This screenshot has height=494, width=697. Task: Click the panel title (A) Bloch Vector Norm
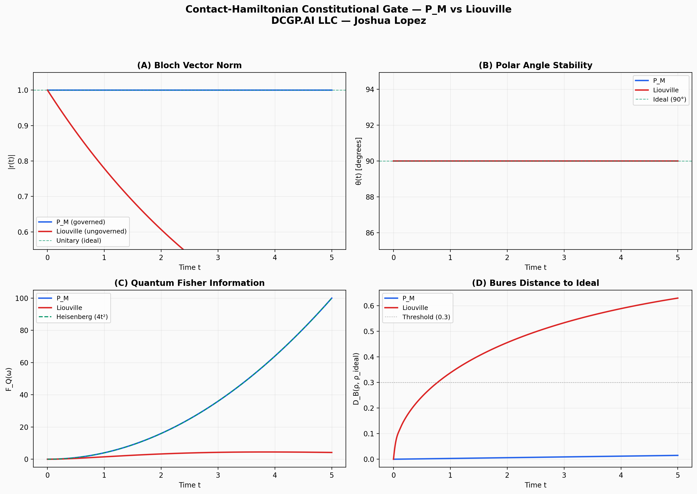click(189, 65)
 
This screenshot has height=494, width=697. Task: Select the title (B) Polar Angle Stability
click(535, 65)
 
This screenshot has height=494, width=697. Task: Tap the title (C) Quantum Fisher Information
click(189, 283)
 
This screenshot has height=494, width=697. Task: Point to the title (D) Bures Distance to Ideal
click(535, 283)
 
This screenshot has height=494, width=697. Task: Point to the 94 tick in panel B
click(370, 90)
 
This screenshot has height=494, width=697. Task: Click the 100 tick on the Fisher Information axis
click(22, 298)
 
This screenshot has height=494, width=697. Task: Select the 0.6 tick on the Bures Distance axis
click(369, 306)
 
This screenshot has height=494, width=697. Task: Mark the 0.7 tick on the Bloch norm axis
click(23, 197)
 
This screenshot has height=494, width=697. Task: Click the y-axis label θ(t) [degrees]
click(359, 161)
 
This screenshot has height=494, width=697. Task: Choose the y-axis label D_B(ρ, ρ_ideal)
click(356, 379)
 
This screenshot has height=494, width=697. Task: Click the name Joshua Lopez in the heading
click(390, 21)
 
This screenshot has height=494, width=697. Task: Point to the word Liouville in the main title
click(488, 10)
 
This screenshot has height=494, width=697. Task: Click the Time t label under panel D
click(535, 485)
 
